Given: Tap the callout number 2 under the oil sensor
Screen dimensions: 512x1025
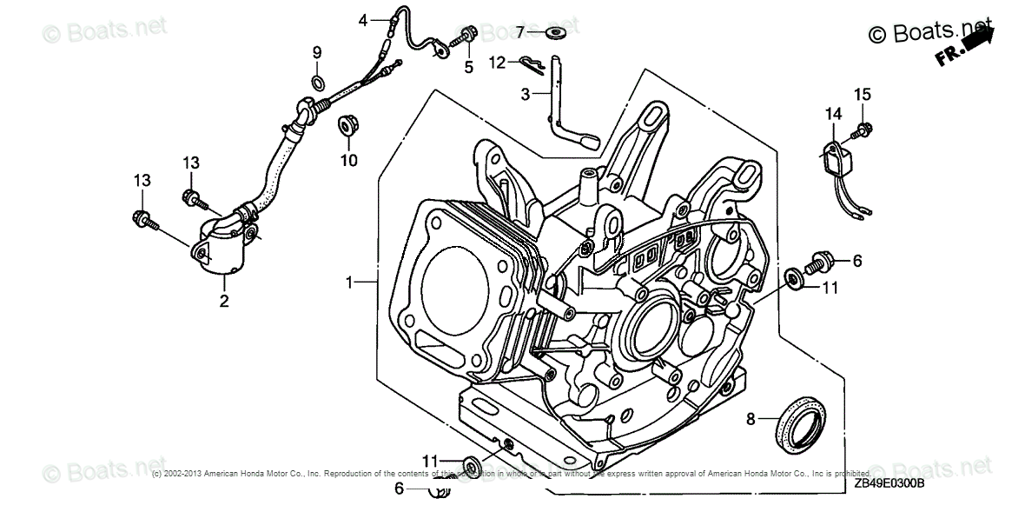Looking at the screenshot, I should coord(223,302).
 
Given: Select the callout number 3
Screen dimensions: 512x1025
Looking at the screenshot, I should coord(525,93).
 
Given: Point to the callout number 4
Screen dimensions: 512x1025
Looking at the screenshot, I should coord(364,20).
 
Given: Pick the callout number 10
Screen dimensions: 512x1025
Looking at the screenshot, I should coord(348,160).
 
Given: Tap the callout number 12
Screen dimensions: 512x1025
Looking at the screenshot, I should coord(497,63).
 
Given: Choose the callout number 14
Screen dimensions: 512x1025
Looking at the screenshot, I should coord(833,114).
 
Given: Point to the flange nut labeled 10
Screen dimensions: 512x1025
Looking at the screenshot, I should coord(347,127).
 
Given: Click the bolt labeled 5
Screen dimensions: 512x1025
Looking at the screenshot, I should coord(463,37).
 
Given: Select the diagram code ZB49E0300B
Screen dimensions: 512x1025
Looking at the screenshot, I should coord(888,484).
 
